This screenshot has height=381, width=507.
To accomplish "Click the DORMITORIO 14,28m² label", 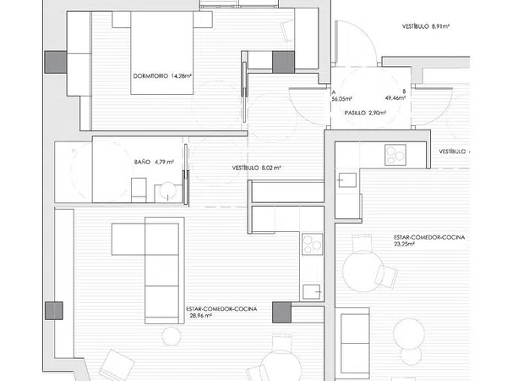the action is tap(162, 76).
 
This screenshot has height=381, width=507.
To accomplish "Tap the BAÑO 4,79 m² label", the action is tap(154, 162).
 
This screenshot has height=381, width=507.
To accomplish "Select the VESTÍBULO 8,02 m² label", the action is tap(256, 168).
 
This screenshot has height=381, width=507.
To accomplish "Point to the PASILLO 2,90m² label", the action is tap(365, 113).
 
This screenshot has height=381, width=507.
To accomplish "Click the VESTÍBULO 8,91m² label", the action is tap(426, 26).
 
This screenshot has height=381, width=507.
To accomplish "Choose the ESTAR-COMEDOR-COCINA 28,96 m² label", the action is tap(221, 312).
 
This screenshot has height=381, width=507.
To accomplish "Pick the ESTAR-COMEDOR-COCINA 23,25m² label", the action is tap(429, 240).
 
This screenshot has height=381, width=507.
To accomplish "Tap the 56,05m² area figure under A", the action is tap(341, 99).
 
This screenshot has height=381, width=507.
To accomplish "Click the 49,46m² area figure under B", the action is tap(395, 97).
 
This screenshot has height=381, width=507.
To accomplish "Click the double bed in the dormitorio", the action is tap(162, 52).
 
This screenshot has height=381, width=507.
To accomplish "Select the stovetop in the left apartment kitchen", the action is tap(313, 244).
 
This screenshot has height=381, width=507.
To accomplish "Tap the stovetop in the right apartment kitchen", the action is tap(395, 155).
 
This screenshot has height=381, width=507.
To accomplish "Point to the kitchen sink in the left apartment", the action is tap(312, 292).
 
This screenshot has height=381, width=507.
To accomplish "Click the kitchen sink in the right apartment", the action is tap(347, 180).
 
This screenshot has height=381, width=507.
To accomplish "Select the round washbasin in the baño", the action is tap(168, 191).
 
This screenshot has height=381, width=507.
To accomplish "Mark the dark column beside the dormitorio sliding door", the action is tap(283, 62).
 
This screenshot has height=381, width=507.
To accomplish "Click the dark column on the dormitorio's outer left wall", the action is tap(56, 62).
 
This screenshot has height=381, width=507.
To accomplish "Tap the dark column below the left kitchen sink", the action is tap(281, 312).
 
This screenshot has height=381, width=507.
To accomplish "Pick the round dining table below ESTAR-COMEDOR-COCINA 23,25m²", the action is tap(363, 271).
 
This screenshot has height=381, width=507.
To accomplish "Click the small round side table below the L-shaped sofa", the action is tap(172, 336).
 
